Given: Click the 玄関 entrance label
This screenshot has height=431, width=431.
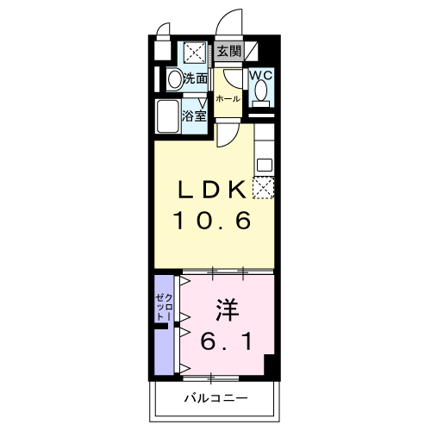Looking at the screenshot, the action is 228,52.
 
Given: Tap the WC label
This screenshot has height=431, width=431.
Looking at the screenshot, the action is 261,76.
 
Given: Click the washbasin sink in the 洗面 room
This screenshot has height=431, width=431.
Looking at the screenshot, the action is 174,79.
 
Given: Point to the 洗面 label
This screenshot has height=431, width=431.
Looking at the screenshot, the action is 196,78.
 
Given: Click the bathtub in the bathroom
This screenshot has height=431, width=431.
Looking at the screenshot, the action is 167,116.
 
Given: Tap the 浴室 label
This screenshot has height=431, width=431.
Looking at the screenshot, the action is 195,116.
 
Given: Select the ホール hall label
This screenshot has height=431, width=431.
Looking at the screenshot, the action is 228,99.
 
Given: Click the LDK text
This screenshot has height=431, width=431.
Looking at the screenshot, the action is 212,189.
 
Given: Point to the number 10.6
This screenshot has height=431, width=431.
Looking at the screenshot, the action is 212,220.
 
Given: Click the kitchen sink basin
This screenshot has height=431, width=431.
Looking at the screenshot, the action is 265,165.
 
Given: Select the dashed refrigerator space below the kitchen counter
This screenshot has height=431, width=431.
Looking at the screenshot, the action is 263,188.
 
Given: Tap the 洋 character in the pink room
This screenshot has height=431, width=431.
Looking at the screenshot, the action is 228,310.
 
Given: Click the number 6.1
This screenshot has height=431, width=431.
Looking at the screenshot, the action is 227,341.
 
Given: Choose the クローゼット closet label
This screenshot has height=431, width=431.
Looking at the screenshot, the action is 164,308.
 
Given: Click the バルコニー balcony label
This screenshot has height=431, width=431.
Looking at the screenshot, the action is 215,398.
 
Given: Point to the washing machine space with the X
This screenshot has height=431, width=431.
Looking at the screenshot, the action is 195,52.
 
